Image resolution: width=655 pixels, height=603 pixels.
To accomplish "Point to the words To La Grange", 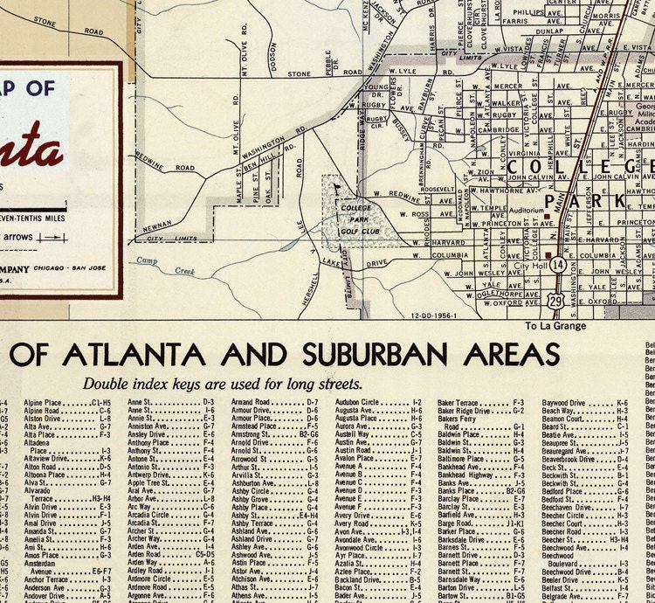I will pyautogui.click(x=555, y=327).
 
